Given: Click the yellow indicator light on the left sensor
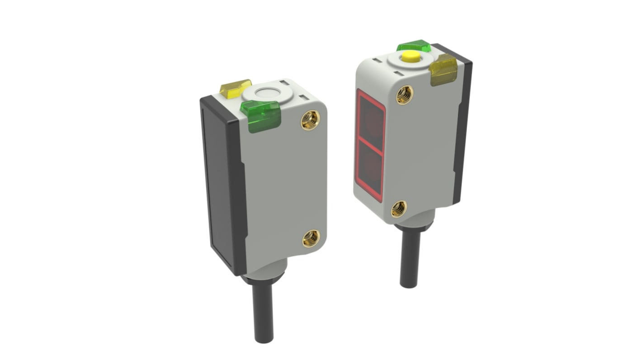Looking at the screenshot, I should tap(235, 89).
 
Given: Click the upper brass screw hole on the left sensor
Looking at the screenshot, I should tap(311, 120).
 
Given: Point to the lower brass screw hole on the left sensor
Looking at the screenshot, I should tap(311, 238).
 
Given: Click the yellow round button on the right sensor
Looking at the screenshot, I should tap(411, 57).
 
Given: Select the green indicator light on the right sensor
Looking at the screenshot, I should tap(414, 46).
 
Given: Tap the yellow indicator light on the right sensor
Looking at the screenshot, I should tap(443, 70).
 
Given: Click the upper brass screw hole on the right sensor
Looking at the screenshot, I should tap(405, 95).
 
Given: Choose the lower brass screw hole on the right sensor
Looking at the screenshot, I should tap(399, 209).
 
